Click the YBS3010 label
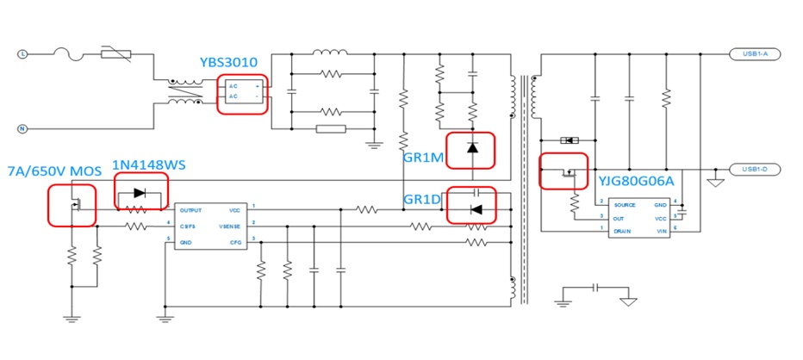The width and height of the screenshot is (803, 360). (228, 62)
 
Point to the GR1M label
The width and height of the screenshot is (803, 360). (422, 158)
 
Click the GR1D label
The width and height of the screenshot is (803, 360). (422, 200)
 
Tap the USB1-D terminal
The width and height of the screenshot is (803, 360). (755, 169)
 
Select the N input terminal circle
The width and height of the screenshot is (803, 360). (23, 128)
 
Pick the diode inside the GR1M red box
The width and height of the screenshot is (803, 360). (471, 147)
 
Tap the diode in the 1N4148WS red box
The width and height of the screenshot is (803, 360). (140, 193)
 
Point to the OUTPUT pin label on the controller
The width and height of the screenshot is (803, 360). (192, 209)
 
